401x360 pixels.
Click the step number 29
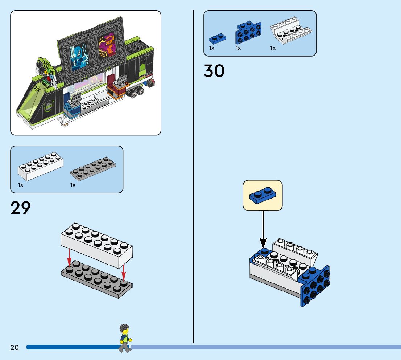coord(21,208)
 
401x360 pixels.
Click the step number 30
coord(214,71)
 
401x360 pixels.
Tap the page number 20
coord(15,348)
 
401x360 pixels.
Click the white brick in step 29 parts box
coord(40,167)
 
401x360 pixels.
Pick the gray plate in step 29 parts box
coord(93,169)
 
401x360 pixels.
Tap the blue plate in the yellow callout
coord(262,195)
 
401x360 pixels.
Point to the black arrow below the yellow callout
coord(263,229)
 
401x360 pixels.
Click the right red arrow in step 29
coord(124,273)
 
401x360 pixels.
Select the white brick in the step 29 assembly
coord(96,245)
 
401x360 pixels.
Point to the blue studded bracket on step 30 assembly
coord(315,286)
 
